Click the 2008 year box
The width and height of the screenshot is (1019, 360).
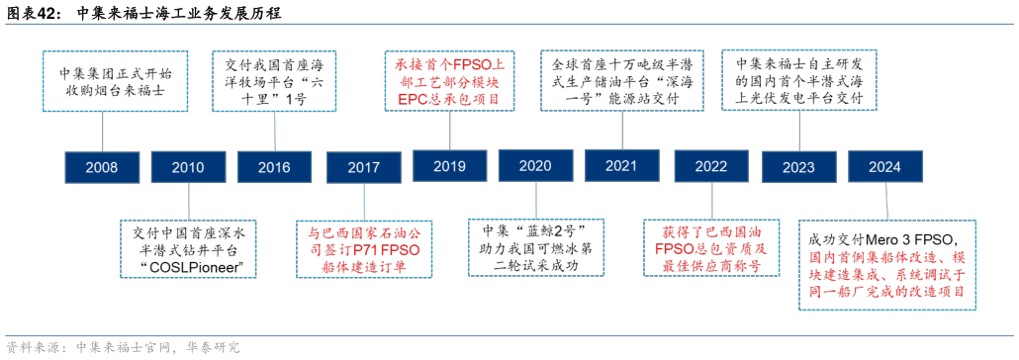click(102, 167)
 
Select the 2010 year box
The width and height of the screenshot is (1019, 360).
click(188, 167)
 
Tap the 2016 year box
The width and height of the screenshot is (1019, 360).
click(274, 167)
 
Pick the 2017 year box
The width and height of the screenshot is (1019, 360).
click(363, 167)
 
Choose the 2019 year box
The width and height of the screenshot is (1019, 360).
click(449, 166)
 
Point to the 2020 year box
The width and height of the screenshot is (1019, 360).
click(535, 166)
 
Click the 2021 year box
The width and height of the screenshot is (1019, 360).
click(621, 166)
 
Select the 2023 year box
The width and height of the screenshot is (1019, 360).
click(798, 167)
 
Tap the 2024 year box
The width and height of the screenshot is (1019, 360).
click(884, 166)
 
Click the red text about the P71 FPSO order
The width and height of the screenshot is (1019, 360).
click(364, 249)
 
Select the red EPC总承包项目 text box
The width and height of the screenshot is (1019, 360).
click(448, 81)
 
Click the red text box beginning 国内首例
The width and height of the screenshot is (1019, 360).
click(886, 265)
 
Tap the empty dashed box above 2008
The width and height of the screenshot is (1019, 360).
click(115, 81)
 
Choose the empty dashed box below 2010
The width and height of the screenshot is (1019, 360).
click(188, 248)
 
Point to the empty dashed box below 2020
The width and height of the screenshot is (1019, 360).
click(535, 247)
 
